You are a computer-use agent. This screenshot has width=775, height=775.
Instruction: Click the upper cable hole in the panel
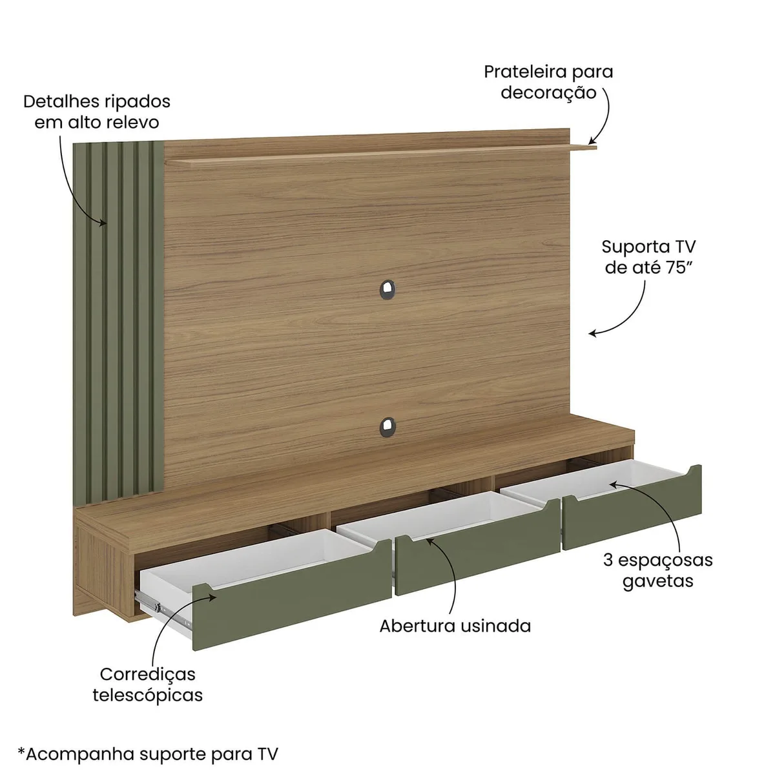point(387,289)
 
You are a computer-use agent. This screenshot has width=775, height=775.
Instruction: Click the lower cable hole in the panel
point(387,427)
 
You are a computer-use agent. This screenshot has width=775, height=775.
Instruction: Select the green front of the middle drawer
point(478,546)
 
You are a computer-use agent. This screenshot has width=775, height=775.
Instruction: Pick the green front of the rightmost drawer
point(632,508)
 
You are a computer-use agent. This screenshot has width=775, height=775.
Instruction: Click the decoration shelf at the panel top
point(381,154)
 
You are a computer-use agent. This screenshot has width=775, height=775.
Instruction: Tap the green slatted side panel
point(118,322)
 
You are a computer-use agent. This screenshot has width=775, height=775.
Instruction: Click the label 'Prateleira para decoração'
point(548,82)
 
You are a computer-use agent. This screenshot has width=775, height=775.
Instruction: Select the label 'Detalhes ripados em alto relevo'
point(97,112)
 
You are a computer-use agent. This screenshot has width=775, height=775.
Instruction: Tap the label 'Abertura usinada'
point(455,626)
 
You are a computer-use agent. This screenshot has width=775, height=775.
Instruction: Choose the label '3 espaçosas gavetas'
point(658,571)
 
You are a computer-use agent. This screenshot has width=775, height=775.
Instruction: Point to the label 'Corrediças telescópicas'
point(148,685)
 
